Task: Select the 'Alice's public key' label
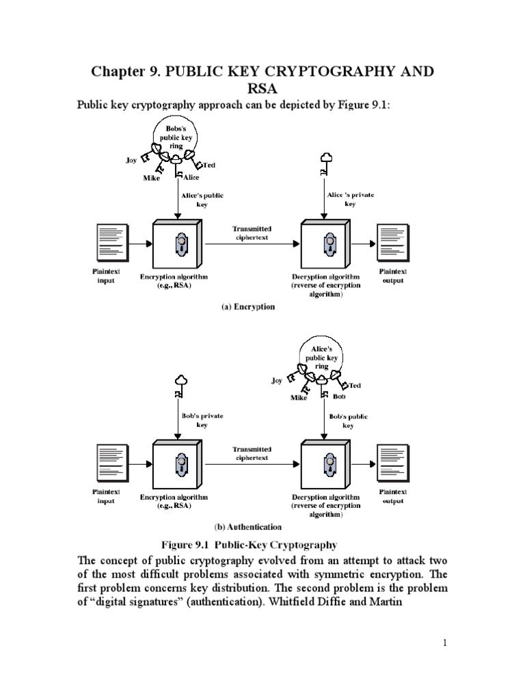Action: pyautogui.click(x=202, y=200)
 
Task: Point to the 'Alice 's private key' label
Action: pyautogui.click(x=350, y=199)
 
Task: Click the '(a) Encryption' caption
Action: pyautogui.click(x=247, y=307)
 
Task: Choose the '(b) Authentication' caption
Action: pyautogui.click(x=247, y=527)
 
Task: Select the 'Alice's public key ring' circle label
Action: pyautogui.click(x=322, y=357)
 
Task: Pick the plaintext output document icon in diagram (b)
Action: pyautogui.click(x=392, y=463)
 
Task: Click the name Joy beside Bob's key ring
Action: pyautogui.click(x=131, y=161)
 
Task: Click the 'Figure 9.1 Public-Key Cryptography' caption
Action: pyautogui.click(x=249, y=545)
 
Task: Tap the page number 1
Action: pyautogui.click(x=444, y=643)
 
